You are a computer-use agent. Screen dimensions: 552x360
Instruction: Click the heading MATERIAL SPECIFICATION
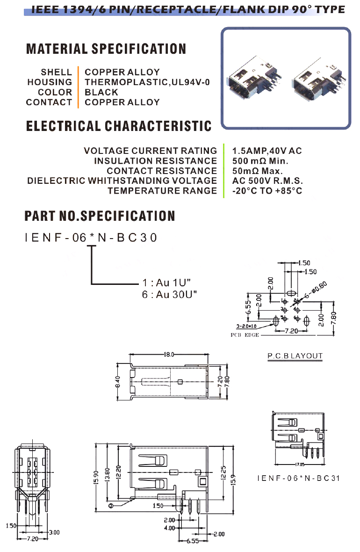tap(106, 49)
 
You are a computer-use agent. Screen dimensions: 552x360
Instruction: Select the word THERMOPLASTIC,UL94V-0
tap(147, 82)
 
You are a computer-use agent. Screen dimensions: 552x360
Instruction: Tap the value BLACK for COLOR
tap(101, 92)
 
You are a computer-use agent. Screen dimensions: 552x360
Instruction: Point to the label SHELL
tap(56, 73)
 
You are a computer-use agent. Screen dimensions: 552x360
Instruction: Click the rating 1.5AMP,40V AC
tap(267, 151)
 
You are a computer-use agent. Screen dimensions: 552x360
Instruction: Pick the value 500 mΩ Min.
tap(260, 161)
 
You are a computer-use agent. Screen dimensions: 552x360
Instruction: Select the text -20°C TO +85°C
tap(267, 191)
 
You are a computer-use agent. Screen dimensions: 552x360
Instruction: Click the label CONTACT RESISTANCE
tap(162, 171)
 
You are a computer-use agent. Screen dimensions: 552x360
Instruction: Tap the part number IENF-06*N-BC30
tap(92, 238)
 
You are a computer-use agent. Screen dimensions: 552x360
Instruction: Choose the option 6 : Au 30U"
tap(170, 294)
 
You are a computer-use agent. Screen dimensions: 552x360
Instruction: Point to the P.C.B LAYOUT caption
tap(295, 356)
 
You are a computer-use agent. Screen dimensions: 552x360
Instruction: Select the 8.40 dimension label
tap(118, 382)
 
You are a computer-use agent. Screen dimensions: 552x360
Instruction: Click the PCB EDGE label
tap(245, 335)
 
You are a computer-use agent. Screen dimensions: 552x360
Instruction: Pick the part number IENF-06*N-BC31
tap(298, 478)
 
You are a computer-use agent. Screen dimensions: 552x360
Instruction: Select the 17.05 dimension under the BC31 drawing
tap(299, 465)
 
